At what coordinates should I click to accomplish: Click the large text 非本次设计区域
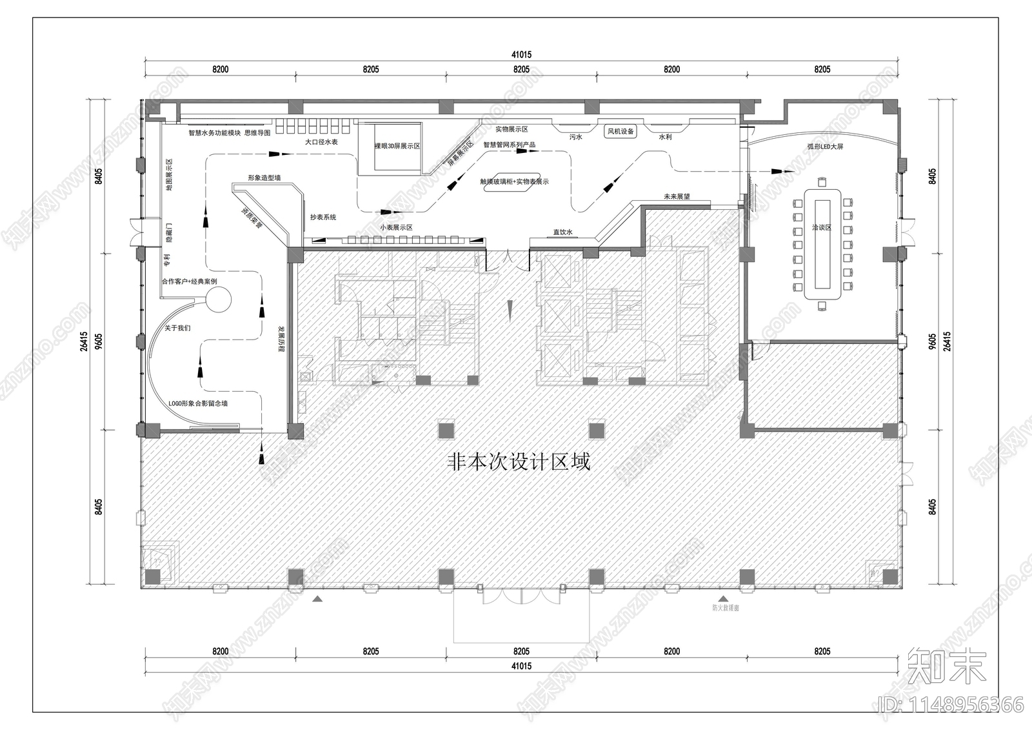[x=519, y=462]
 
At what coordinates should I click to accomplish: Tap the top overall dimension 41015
[x=521, y=56]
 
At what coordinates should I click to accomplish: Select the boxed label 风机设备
[x=620, y=131]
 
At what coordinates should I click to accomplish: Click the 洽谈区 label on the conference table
[x=822, y=228]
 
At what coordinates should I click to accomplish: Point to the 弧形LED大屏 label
[x=825, y=147]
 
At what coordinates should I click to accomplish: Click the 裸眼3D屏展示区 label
[x=397, y=147]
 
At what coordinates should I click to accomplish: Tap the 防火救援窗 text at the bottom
[x=726, y=607]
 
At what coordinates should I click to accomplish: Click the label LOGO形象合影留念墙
[x=198, y=403]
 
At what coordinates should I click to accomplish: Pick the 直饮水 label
[x=562, y=232]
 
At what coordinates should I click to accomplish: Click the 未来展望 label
[x=677, y=196]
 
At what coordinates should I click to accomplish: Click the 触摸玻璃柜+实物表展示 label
[x=514, y=182]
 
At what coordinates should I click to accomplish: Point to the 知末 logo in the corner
[x=947, y=667]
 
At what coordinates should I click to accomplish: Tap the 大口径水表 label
[x=322, y=141]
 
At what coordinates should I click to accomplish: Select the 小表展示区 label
[x=396, y=228]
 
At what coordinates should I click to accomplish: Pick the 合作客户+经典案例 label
[x=189, y=282]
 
